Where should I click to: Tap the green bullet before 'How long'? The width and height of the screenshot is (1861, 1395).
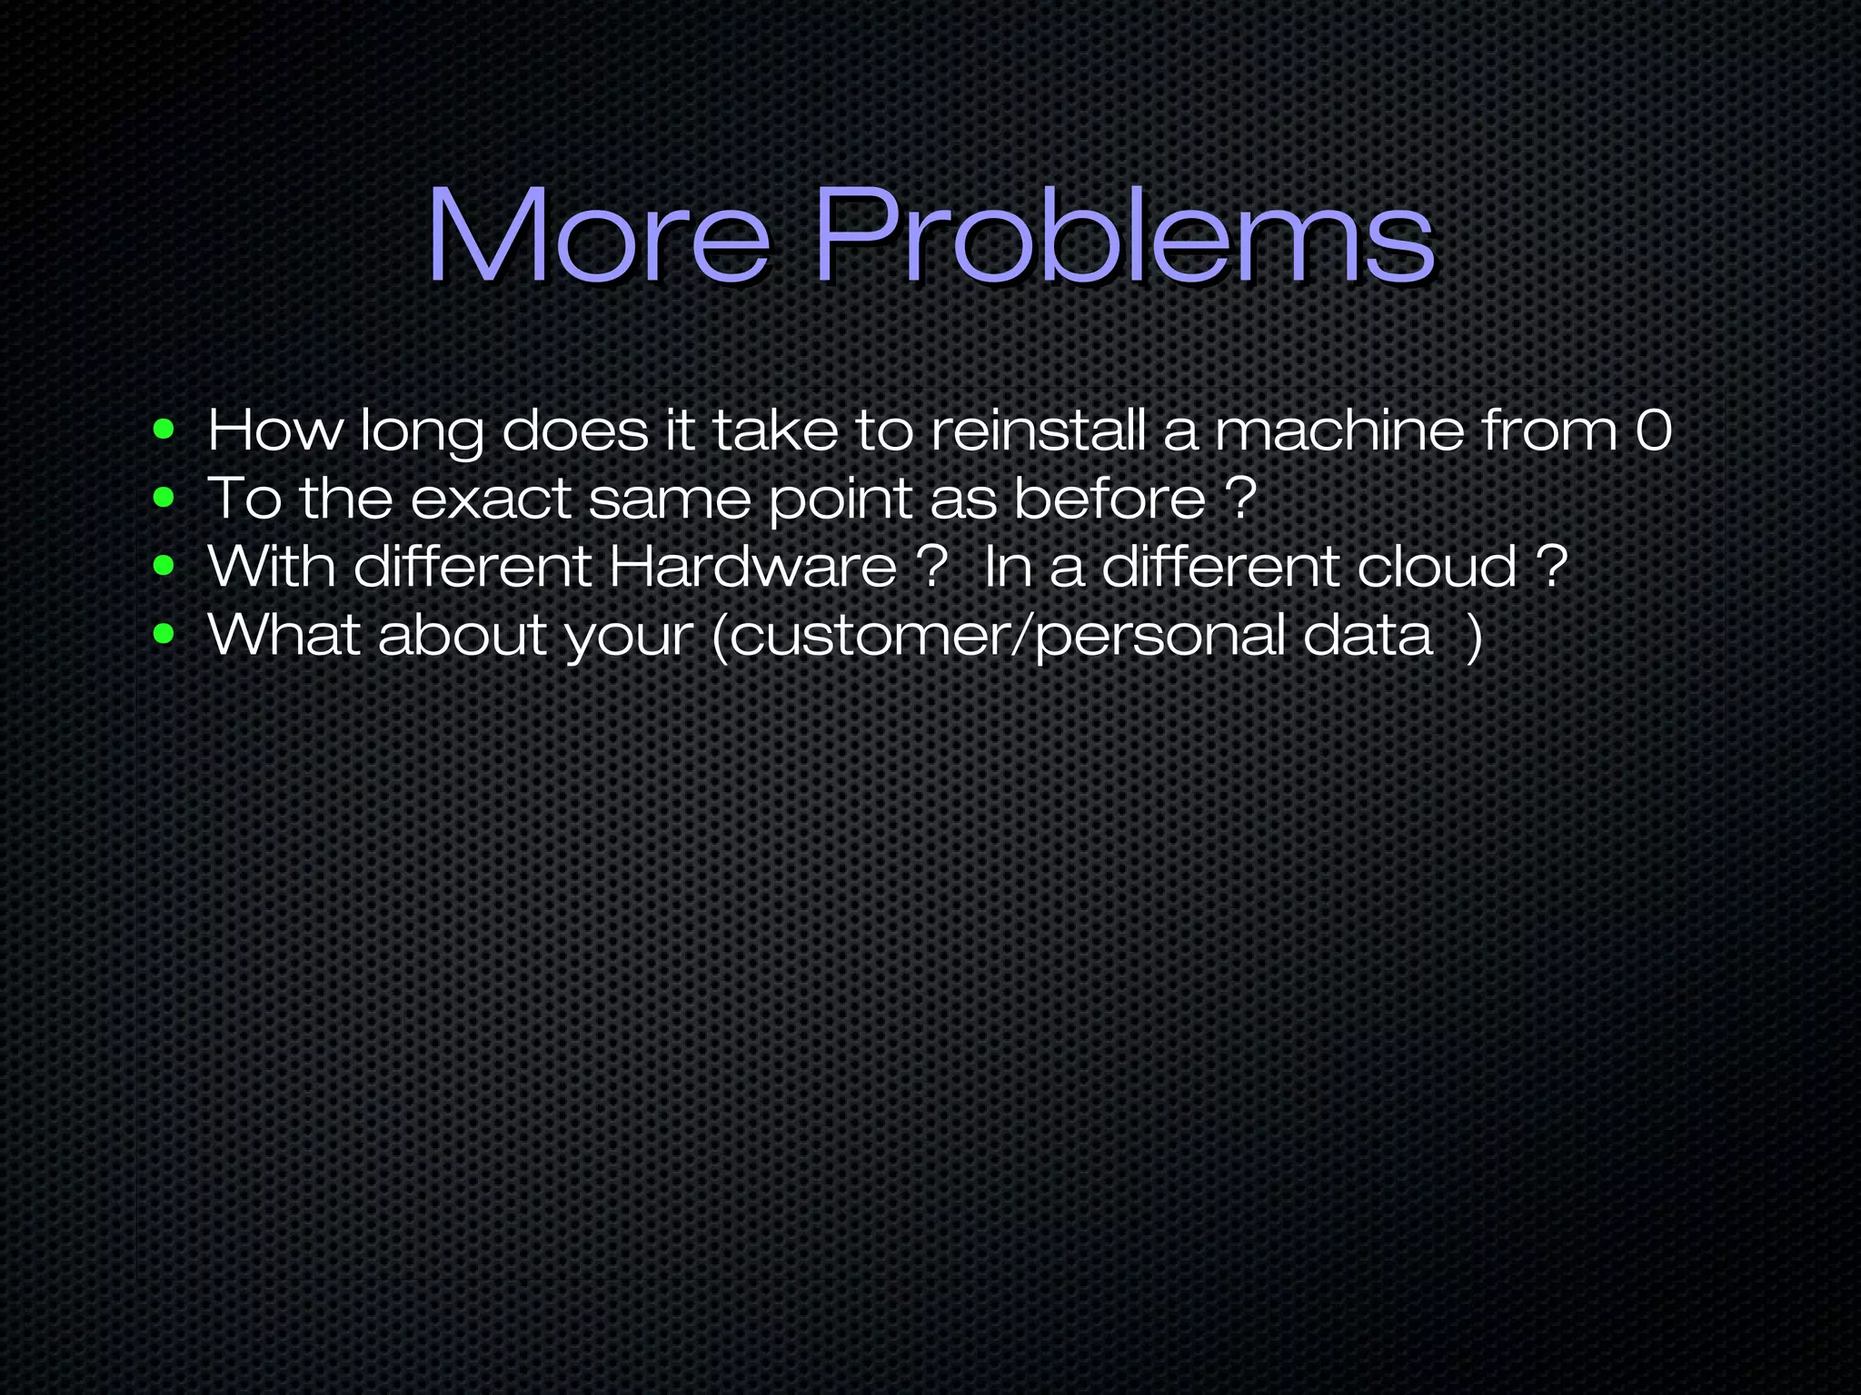164,429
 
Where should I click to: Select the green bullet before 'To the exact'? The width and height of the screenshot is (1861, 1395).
164,498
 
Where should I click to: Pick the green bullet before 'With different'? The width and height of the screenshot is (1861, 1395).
164,567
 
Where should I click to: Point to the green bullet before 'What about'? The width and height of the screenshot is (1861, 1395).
164,634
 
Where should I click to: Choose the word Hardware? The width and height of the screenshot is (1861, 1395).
752,567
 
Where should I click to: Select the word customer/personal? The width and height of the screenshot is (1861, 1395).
1006,636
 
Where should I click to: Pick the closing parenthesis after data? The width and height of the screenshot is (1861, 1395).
1473,636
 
